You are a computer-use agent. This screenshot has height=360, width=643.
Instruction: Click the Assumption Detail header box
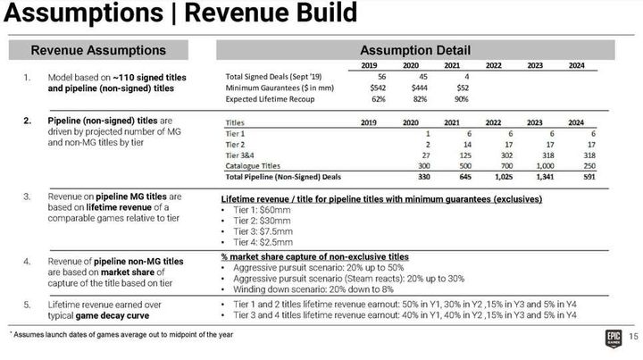(414, 50)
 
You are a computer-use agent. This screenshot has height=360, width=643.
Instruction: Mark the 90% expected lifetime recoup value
(463, 98)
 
